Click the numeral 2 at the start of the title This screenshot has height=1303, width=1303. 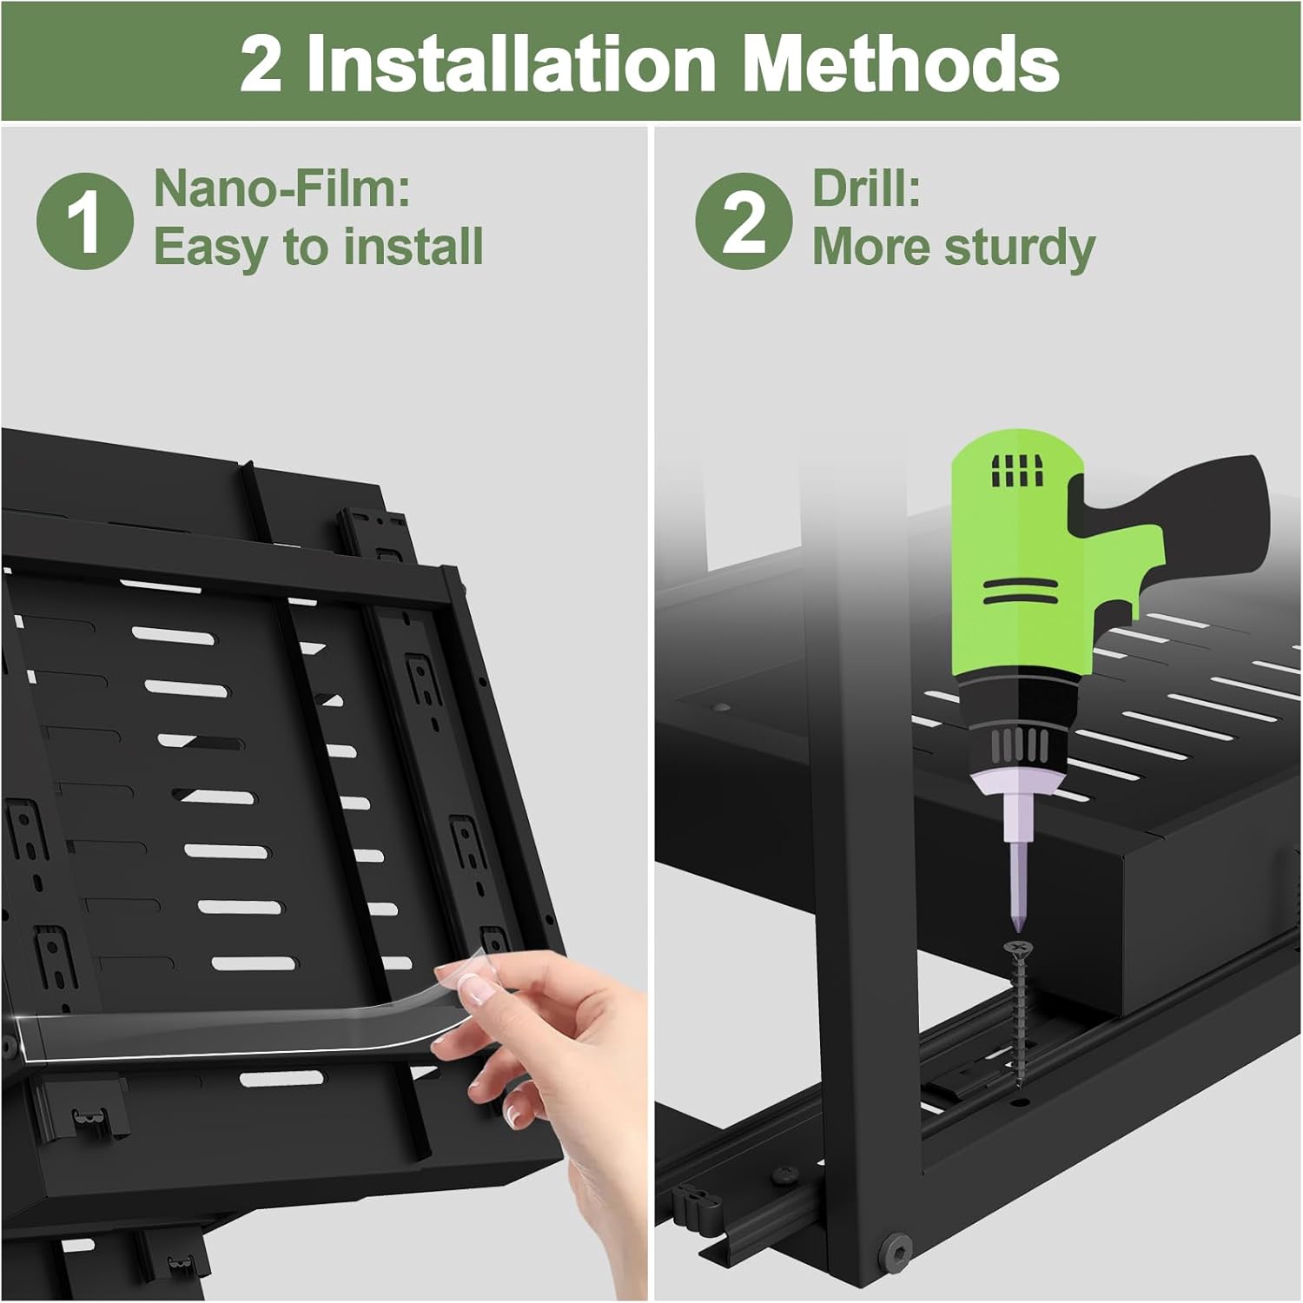coord(261,64)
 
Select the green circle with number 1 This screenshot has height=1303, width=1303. coord(84,221)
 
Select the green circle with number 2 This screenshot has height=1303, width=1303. coord(743,221)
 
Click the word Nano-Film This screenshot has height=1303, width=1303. coord(281,188)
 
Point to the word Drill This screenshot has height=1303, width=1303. coord(865,188)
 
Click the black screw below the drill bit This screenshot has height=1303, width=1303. coord(1017,1008)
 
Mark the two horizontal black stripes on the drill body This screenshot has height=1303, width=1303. coord(1020,591)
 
